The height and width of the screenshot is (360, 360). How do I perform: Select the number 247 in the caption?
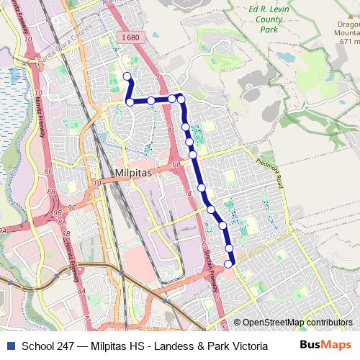click(x=67, y=346)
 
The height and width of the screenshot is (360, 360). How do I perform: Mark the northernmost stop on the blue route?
click(x=127, y=76)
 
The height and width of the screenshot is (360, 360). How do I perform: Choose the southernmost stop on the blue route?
click(x=229, y=264)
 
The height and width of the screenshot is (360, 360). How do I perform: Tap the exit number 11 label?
click(x=176, y=166)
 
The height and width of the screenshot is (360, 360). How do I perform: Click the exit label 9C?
click(x=72, y=208)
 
